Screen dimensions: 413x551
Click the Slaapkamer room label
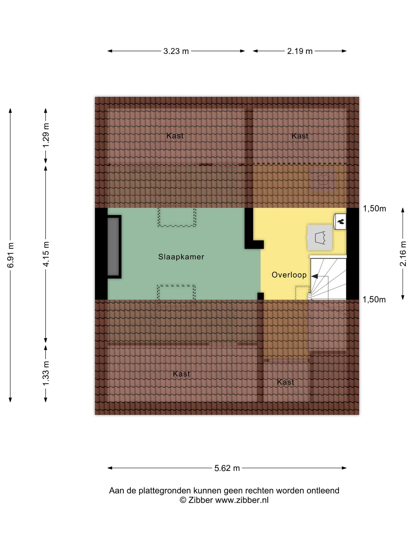[x=181, y=257]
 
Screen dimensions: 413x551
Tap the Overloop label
[x=289, y=275]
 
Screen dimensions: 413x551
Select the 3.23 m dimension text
[x=176, y=51]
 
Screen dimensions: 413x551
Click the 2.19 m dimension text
[x=300, y=51]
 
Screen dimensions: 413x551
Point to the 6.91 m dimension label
[x=10, y=255]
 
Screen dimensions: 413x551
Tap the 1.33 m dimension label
[x=46, y=374]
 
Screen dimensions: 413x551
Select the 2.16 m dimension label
[x=403, y=254]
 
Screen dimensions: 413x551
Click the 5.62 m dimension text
[x=227, y=468]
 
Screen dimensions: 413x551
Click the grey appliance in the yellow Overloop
[x=320, y=237]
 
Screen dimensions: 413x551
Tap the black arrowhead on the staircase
[x=314, y=276]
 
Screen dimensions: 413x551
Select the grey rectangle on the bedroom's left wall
[x=113, y=246]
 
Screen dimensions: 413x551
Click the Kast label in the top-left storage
[x=175, y=136]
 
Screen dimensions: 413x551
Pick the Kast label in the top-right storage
[x=300, y=136]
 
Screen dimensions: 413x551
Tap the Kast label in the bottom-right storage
[x=286, y=382]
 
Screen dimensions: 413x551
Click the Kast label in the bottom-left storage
[x=181, y=374]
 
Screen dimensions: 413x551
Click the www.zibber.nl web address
[x=242, y=500]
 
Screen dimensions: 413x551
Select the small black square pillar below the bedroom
[x=261, y=296]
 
